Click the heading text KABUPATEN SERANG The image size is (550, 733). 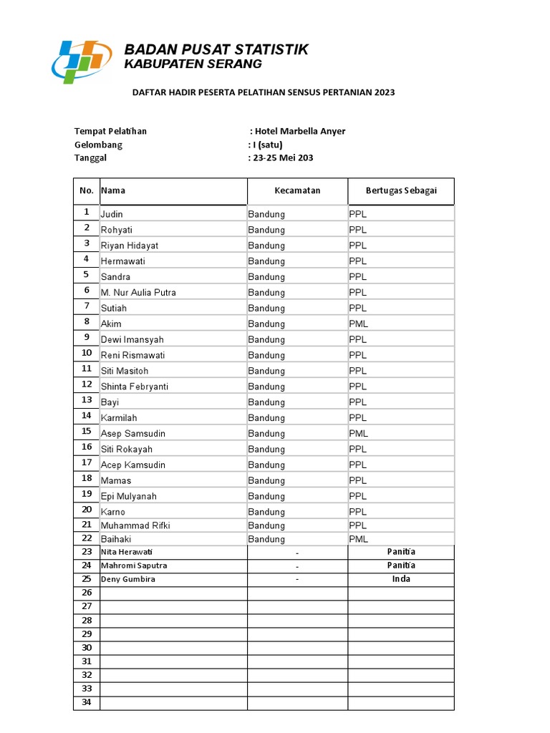pyautogui.click(x=193, y=64)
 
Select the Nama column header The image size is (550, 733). pyautogui.click(x=113, y=190)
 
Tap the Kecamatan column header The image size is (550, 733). pyautogui.click(x=297, y=190)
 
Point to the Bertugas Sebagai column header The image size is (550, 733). pyautogui.click(x=400, y=190)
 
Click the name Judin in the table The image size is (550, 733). pyautogui.click(x=112, y=214)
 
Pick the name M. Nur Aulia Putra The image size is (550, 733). pyautogui.click(x=138, y=292)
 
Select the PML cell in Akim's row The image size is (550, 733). pyautogui.click(x=359, y=324)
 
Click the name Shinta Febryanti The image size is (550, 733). pyautogui.click(x=135, y=387)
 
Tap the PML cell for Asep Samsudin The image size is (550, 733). pyautogui.click(x=359, y=433)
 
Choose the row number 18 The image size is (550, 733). pyautogui.click(x=87, y=478)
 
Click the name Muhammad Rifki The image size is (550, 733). pyautogui.click(x=135, y=525)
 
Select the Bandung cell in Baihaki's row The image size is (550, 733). pyautogui.click(x=266, y=538)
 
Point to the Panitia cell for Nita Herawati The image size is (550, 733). pyautogui.click(x=401, y=552)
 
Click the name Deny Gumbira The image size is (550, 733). pyautogui.click(x=128, y=579)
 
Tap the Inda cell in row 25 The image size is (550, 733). pyautogui.click(x=401, y=579)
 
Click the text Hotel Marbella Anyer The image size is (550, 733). pyautogui.click(x=300, y=131)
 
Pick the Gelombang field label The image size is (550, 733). pyautogui.click(x=98, y=145)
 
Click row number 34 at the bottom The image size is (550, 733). pyautogui.click(x=87, y=702)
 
